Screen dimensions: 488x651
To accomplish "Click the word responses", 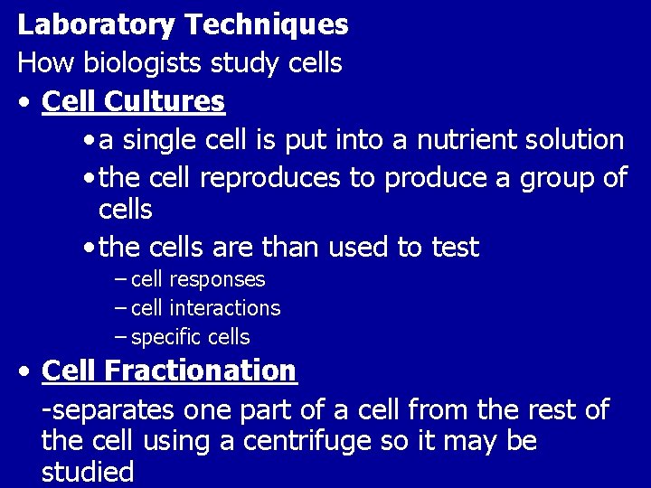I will point(217,280).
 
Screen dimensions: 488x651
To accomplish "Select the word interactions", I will point(225,308).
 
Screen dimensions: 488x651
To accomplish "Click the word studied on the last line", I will point(88,472).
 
